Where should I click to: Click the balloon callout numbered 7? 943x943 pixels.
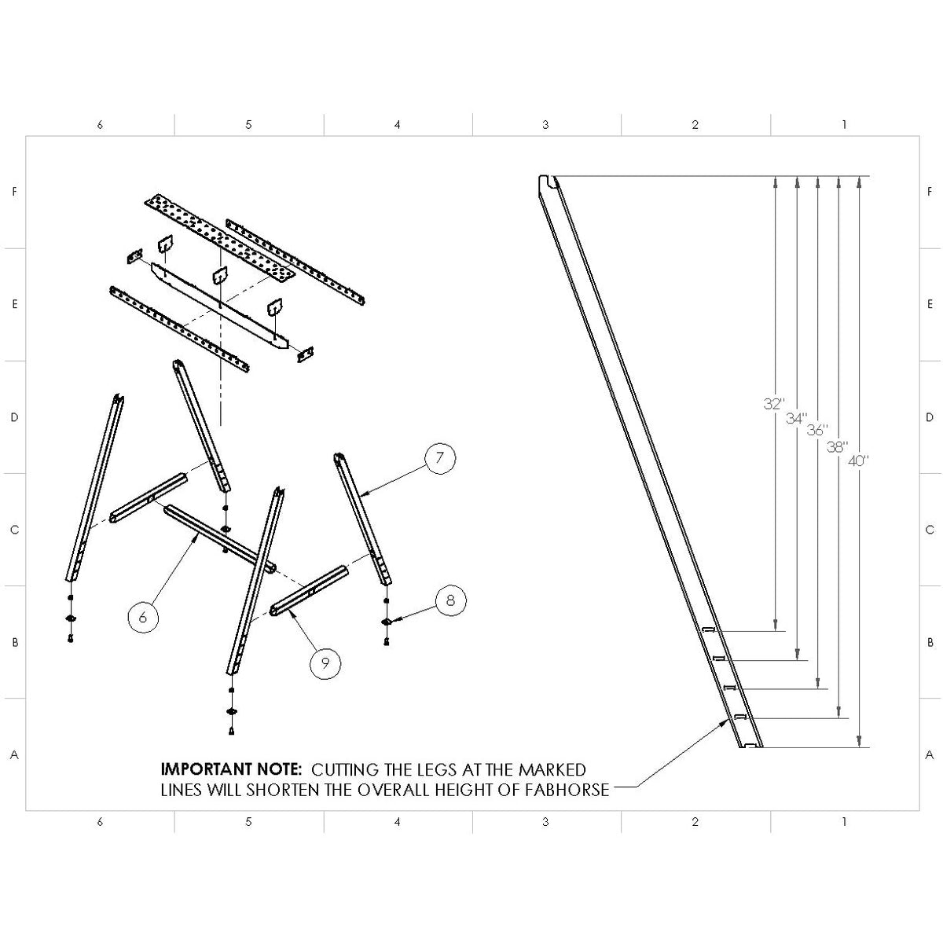click(441, 458)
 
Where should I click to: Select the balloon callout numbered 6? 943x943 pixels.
click(142, 617)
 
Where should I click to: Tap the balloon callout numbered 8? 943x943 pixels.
click(450, 600)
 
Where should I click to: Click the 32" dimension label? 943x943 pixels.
click(774, 404)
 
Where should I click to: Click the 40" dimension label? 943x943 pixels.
click(859, 460)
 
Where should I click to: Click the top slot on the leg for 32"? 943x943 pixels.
click(708, 630)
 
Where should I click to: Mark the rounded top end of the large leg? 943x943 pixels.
click(548, 183)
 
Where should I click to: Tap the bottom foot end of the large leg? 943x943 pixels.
click(750, 745)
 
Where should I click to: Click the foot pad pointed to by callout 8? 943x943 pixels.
click(387, 621)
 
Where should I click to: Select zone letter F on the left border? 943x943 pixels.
click(13, 192)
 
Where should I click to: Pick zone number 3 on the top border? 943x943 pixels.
click(545, 124)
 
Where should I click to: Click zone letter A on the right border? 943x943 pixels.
click(930, 754)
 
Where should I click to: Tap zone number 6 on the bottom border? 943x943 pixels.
click(100, 822)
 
